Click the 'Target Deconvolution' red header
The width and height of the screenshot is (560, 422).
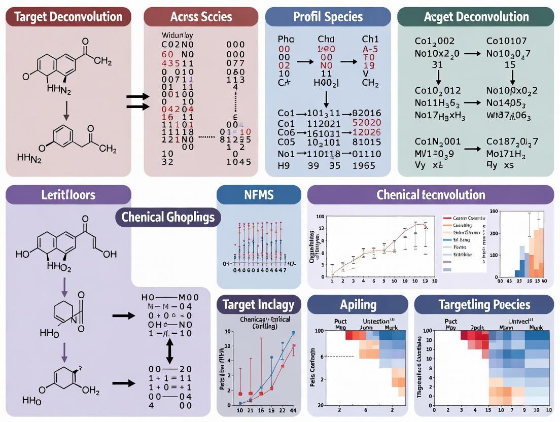tap(68, 17)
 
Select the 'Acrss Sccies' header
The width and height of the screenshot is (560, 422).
tap(202, 17)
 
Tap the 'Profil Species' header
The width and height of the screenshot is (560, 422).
tap(328, 17)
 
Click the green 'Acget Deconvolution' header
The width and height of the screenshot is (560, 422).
tap(476, 17)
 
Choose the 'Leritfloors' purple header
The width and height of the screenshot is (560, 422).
tap(69, 195)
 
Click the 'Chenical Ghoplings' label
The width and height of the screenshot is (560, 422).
tap(168, 218)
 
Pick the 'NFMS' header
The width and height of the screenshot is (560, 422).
tap(258, 195)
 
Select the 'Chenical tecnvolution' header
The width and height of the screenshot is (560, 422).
tap(431, 195)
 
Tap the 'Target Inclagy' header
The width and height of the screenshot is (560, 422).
tap(258, 305)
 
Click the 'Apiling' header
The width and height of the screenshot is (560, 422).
tap(358, 305)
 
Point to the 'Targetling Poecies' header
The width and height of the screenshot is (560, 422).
tap(484, 305)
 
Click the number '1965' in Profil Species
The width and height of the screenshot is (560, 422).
tap(364, 165)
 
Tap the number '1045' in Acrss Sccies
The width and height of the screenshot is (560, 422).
tap(238, 162)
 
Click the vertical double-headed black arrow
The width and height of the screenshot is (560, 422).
tap(170, 349)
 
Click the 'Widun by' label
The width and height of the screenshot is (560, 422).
tap(178, 36)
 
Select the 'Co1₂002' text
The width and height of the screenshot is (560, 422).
tap(435, 41)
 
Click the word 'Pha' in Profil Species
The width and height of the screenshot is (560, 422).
tap(286, 39)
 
